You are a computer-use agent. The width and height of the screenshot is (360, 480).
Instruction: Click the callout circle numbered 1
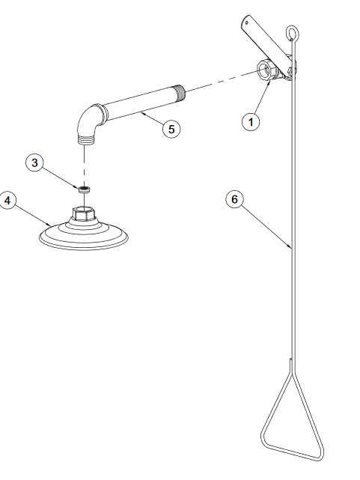251,122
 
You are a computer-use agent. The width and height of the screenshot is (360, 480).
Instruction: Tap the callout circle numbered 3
34,162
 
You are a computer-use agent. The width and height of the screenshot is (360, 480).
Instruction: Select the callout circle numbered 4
7,201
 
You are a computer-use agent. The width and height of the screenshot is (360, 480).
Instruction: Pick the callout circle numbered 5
171,129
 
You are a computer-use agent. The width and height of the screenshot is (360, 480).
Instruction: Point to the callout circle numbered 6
234,199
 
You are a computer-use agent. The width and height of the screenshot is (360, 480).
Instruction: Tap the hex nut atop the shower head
84,213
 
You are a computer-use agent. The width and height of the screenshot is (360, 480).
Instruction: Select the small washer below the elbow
84,189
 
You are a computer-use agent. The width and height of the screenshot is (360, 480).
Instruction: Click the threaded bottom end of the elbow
85,141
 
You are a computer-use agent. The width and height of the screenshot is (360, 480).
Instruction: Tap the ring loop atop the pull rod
292,33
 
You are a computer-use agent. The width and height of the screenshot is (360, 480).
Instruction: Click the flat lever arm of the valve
266,41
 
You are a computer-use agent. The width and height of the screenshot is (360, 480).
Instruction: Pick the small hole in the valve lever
247,22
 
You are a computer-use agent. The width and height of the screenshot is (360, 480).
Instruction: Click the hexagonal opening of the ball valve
265,70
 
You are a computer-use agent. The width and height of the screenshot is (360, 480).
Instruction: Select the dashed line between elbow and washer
84,165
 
